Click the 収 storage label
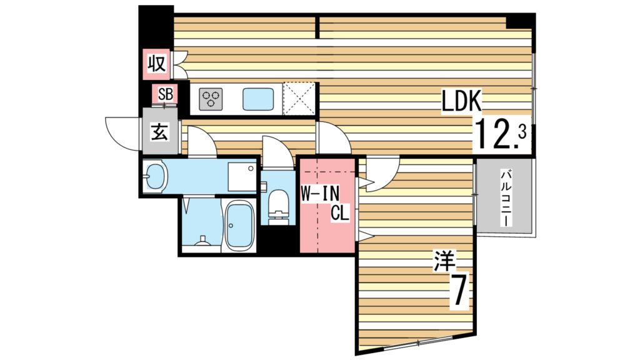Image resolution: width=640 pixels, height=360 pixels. (x=157, y=63)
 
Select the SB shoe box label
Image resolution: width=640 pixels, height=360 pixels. (x=165, y=94)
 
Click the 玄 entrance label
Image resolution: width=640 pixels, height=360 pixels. (x=161, y=132)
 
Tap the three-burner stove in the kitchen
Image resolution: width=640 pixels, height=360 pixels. (x=211, y=98)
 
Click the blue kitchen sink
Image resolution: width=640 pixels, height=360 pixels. (x=257, y=98)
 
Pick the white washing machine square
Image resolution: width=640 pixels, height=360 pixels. (x=242, y=176)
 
